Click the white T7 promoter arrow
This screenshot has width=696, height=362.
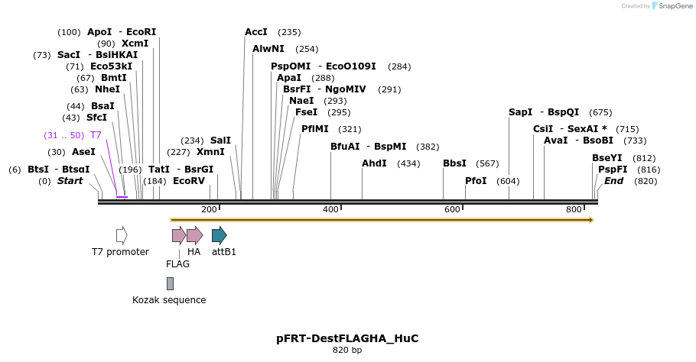point(122,235)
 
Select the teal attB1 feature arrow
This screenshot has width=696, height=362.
point(219,235)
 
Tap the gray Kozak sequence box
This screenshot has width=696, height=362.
point(170,283)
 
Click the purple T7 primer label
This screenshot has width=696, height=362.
point(96,135)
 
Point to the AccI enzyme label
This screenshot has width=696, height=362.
point(256,32)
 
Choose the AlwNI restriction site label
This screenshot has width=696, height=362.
point(268,49)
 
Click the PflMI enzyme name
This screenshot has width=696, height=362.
point(315,129)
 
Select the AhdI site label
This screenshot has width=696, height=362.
point(375,163)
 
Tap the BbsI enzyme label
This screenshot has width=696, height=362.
point(454,163)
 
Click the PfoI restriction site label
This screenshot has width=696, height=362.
point(476,181)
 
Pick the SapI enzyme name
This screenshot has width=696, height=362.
point(520,112)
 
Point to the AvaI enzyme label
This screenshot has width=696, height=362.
point(556,141)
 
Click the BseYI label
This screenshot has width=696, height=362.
point(607,158)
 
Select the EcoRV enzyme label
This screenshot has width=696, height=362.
point(189,181)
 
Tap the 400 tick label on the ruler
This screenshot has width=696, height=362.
point(330,209)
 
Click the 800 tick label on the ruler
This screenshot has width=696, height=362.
point(574,209)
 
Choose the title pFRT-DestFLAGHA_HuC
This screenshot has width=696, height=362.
point(347,338)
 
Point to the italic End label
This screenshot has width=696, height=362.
point(613,181)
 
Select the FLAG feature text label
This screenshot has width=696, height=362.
point(177,264)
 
